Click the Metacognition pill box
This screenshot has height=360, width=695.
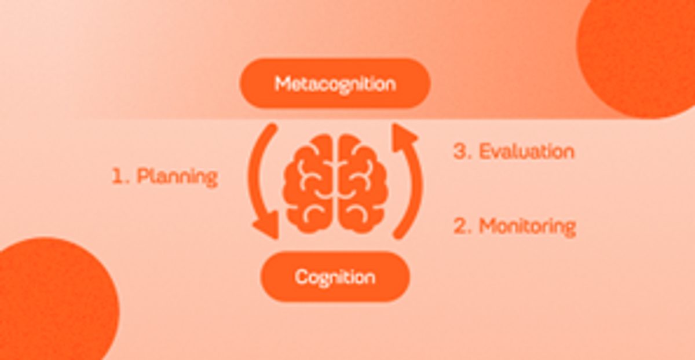pyautogui.click(x=335, y=83)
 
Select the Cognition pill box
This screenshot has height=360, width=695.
pyautogui.click(x=335, y=277)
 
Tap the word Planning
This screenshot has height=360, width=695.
pyautogui.click(x=177, y=177)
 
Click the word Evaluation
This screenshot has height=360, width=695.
pyautogui.click(x=527, y=152)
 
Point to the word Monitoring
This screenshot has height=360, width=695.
pyautogui.click(x=528, y=227)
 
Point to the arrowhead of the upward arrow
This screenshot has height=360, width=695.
pyautogui.click(x=403, y=137)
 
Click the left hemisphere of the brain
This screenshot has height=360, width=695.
pyautogui.click(x=307, y=183)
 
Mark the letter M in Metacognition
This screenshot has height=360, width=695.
pyautogui.click(x=283, y=84)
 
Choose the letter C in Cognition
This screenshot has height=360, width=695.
pyautogui.click(x=301, y=277)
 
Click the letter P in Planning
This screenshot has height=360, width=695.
pyautogui.click(x=142, y=175)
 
